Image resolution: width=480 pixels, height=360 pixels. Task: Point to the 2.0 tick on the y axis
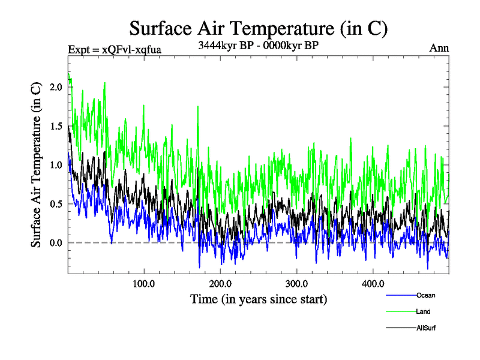(55, 87)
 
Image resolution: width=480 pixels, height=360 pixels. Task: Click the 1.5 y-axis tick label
(55, 126)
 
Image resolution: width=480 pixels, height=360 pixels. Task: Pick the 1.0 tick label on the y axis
(55, 165)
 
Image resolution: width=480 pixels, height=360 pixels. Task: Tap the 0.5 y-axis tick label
(55, 204)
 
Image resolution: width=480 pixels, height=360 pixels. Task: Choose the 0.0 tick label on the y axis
(55, 243)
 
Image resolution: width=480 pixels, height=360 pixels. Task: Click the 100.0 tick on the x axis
(143, 283)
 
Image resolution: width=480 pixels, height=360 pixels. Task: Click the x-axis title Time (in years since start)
(259, 298)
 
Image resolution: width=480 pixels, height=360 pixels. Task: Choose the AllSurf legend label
(426, 328)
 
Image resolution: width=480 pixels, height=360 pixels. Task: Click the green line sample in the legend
(400, 311)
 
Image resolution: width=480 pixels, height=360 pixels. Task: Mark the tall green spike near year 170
(197, 108)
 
